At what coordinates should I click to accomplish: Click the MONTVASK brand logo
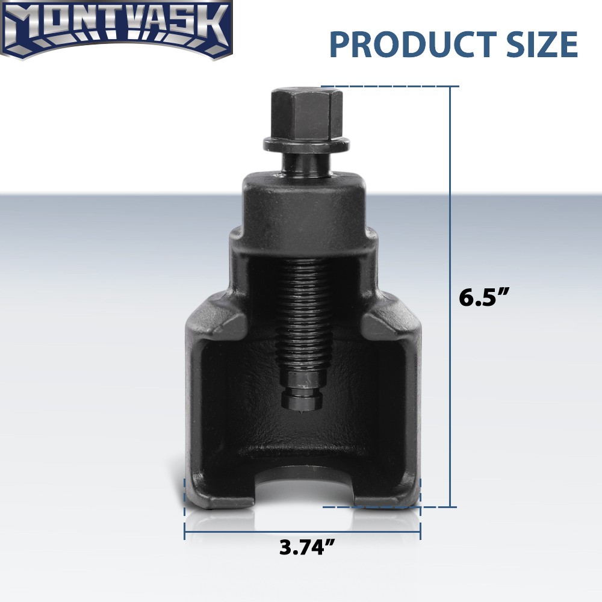pyautogui.click(x=117, y=29)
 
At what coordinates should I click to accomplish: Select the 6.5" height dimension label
pyautogui.click(x=484, y=297)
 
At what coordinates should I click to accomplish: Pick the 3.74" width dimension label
pyautogui.click(x=307, y=547)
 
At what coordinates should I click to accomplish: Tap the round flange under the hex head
pyautogui.click(x=306, y=144)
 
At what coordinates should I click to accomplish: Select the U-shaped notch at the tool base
pyautogui.click(x=304, y=486)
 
